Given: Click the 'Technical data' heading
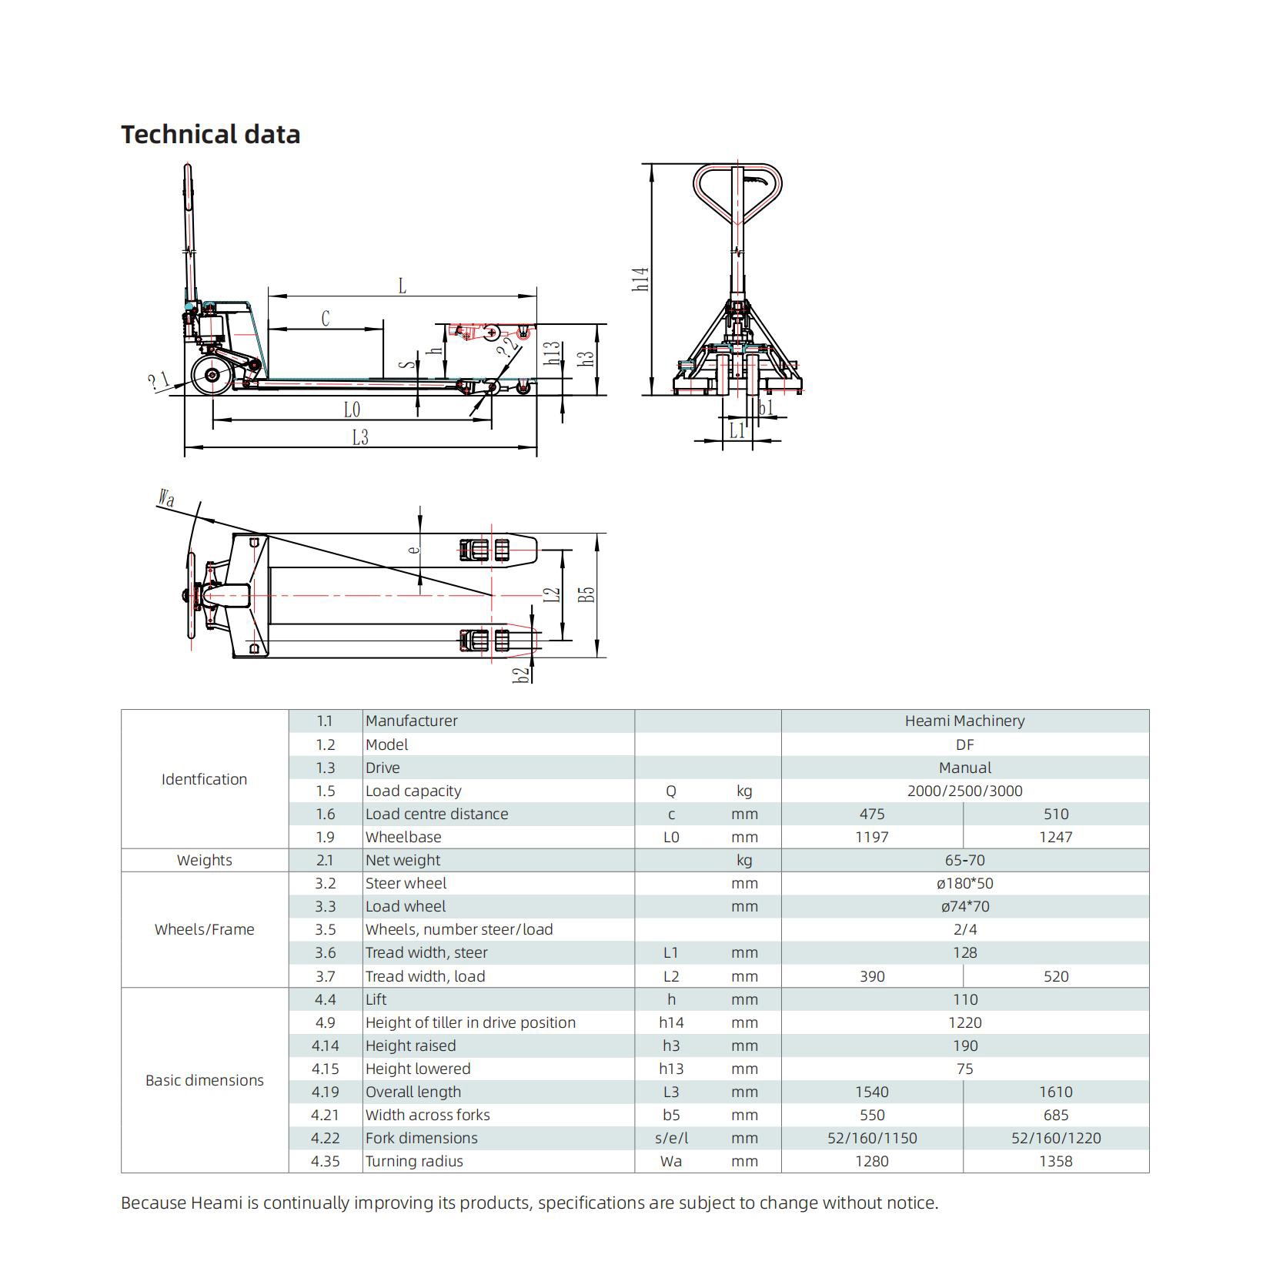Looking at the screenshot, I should [210, 134].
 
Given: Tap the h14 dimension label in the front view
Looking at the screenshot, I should [640, 279].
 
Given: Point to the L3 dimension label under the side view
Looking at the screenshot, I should [359, 437].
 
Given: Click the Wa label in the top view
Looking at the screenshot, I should [166, 498].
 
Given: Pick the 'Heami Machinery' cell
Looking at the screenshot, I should [964, 721].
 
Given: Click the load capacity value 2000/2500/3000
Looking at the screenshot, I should [964, 791].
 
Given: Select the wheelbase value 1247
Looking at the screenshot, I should [1055, 837].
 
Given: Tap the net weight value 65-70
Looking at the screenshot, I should [964, 860].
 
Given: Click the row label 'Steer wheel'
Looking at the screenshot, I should [406, 883].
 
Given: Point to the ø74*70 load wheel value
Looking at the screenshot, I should [964, 906].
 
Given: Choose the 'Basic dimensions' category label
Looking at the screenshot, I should [204, 1080].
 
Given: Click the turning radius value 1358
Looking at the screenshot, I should [1055, 1161].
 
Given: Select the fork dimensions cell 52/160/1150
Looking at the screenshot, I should [872, 1138].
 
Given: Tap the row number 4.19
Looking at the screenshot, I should [325, 1092].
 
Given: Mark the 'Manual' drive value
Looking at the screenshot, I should [964, 768].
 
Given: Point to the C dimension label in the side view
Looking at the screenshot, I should [326, 319].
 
